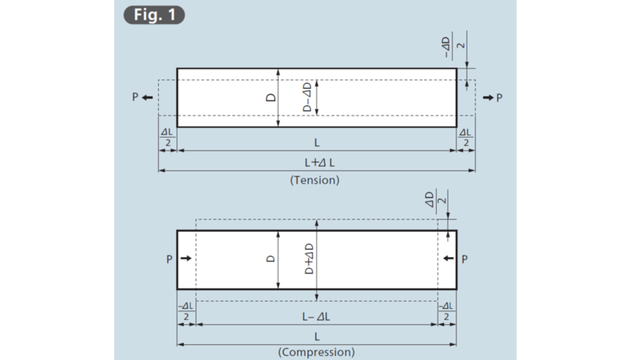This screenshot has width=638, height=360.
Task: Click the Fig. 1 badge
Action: [154, 15]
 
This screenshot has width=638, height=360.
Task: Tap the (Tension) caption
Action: [314, 180]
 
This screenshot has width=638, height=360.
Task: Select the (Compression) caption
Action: [316, 352]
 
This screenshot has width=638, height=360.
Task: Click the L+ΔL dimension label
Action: [320, 163]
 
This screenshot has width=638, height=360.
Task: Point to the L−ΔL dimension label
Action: [316, 317]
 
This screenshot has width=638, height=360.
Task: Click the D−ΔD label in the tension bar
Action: [307, 97]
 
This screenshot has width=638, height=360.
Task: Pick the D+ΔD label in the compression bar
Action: [310, 259]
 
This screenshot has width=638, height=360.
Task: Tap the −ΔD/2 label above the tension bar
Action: [453, 46]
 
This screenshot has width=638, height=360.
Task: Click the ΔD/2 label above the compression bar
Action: [435, 200]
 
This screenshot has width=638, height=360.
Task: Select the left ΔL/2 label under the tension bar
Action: [167, 138]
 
